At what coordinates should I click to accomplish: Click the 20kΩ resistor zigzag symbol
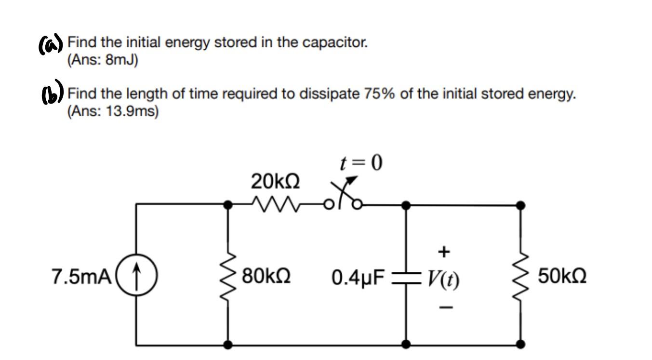(x=272, y=205)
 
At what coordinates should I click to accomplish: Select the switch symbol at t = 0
(x=343, y=198)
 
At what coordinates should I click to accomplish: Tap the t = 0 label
(x=361, y=163)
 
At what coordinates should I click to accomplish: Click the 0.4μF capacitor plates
(x=406, y=279)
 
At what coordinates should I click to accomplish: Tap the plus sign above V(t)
(x=444, y=251)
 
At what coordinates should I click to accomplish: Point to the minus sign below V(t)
(x=444, y=306)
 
